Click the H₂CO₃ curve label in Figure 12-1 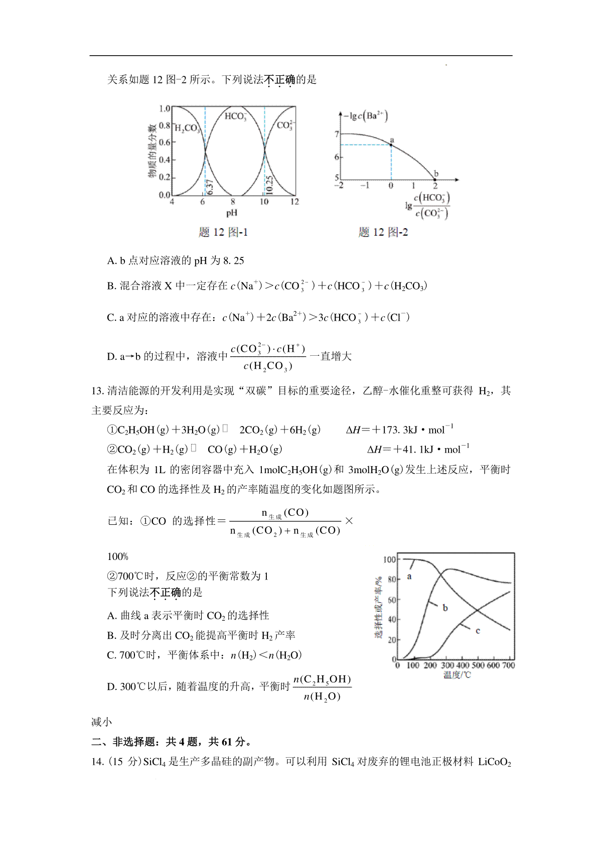pos(187,128)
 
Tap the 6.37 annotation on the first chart pos(210,187)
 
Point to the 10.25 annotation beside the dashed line pos(269,185)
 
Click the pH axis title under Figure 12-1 pos(231,213)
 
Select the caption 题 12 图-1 pos(223,232)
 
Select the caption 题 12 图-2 pos(383,232)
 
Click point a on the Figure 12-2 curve pos(391,145)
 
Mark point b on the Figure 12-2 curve pos(435,179)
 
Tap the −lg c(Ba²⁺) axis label pos(366,116)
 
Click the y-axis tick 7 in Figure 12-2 pos(337,134)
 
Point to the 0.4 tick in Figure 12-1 pos(164,160)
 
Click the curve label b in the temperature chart pos(445,608)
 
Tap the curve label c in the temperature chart pos(478,631)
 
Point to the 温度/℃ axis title pos(457,675)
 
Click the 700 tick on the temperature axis pos(508,665)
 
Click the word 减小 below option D pos(101,722)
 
